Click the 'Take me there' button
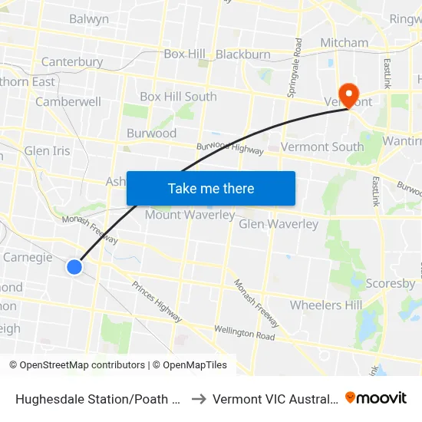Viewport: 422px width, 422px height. pos(210,188)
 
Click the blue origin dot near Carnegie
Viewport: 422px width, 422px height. pos(74,267)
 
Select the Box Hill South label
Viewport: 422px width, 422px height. pos(178,97)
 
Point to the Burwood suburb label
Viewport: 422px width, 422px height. pos(151,133)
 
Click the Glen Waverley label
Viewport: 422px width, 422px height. pos(279,224)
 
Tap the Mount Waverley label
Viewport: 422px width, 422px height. pos(190,215)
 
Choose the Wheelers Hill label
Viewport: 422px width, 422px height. pos(325,305)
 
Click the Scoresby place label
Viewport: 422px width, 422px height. pos(390,283)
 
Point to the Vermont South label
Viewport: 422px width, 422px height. pos(322,147)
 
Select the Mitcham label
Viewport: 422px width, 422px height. pos(345,42)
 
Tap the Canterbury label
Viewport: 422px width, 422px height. pos(72,61)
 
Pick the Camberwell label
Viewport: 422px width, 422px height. pos(68,101)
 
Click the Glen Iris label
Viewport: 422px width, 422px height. pos(48,150)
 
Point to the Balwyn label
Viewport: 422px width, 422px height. pos(89,19)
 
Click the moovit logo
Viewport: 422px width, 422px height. pos(375,398)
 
